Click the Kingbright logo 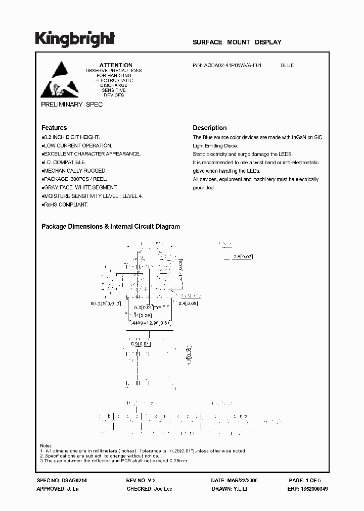coord(75,38)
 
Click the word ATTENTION coord(116,65)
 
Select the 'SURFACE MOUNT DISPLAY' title coord(237,42)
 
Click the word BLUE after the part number coord(287,65)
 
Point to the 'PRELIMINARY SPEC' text coord(71,105)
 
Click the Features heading coord(54,128)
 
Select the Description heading coord(210,128)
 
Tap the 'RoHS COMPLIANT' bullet coord(65,205)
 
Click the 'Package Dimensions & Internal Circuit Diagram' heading coord(111,227)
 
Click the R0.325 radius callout coord(105,304)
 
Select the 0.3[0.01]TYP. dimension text coord(149,307)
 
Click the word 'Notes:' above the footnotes coord(47,445)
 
